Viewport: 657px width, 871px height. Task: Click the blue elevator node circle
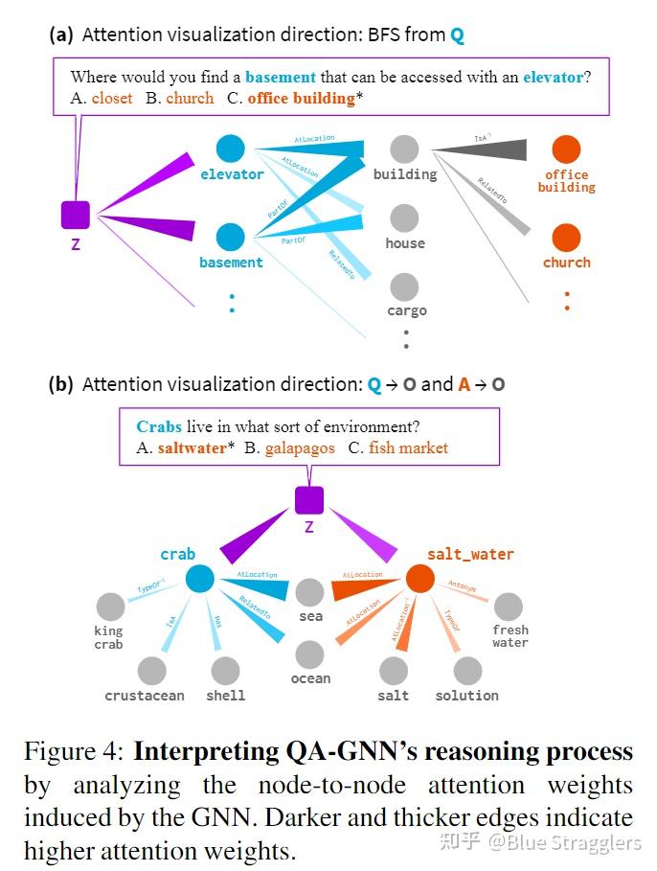coord(230,149)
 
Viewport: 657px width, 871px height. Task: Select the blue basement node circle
coord(230,237)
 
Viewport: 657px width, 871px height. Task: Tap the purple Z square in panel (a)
coord(76,215)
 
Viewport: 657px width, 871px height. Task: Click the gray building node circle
coord(405,149)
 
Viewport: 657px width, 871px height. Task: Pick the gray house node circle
coord(405,218)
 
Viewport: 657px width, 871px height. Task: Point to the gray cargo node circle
coord(405,286)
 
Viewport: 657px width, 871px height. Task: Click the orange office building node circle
coord(566,149)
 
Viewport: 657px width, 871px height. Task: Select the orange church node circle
coord(566,237)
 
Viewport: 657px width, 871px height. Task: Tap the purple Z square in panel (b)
coord(309,500)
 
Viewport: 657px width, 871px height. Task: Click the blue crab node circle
coord(199,579)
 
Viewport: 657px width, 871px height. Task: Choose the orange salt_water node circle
coord(419,579)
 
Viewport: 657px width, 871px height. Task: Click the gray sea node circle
coord(309,592)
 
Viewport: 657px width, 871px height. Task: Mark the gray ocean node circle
coord(309,654)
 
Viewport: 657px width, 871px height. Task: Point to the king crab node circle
coord(110,607)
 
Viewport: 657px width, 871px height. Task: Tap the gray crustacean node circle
coord(151,671)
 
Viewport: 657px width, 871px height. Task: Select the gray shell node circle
coord(225,671)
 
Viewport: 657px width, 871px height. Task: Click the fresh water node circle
coord(509,607)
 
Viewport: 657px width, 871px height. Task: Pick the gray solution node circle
coord(467,671)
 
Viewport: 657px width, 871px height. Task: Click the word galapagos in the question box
coord(300,447)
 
